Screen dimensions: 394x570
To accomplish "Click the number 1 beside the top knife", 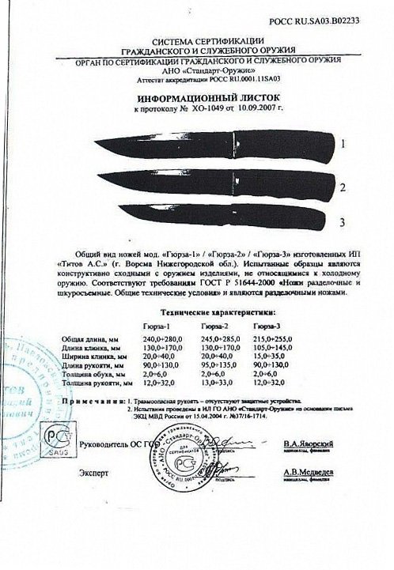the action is tap(344, 145).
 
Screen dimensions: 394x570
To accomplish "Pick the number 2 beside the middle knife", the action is tap(343, 187).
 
